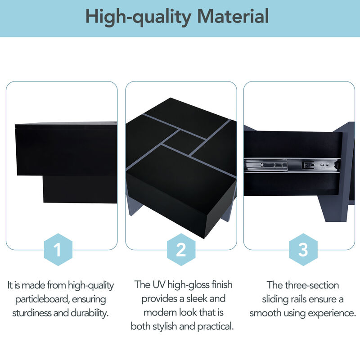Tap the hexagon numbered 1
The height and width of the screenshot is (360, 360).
tap(57, 250)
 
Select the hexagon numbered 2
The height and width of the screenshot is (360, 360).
tap(180, 250)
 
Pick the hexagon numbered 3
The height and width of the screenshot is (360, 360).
tap(303, 250)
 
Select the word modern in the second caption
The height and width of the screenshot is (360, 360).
tap(157, 313)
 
